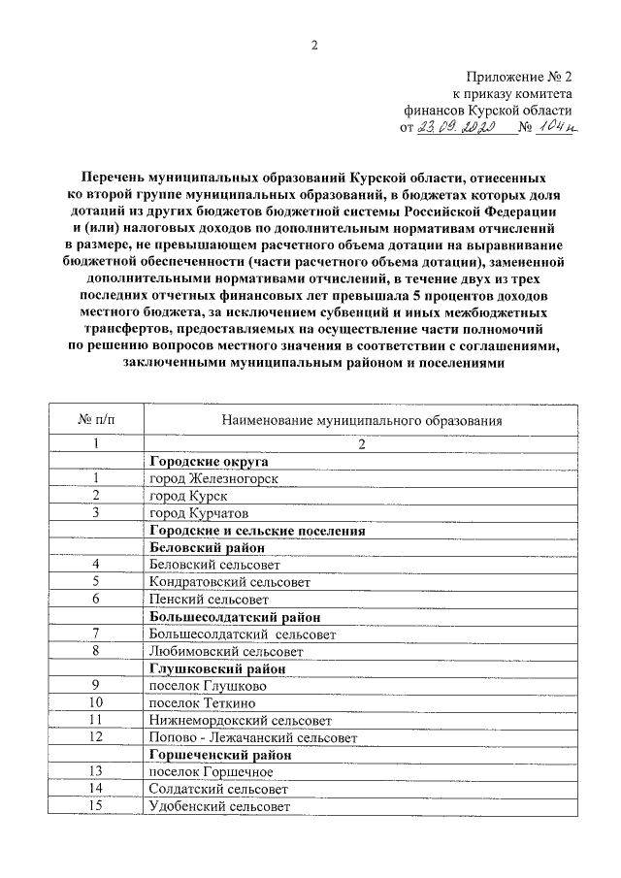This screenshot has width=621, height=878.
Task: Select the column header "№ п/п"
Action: [x=96, y=420]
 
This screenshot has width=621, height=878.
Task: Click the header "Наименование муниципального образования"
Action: [x=361, y=420]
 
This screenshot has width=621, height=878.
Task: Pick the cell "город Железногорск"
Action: [x=212, y=478]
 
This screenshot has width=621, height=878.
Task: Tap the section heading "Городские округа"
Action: [x=208, y=461]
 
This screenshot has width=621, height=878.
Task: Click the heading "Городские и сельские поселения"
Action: [x=256, y=530]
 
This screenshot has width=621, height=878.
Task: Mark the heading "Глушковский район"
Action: [x=217, y=668]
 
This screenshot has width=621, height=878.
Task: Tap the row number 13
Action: [x=96, y=771]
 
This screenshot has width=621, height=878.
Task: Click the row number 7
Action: [x=96, y=634]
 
